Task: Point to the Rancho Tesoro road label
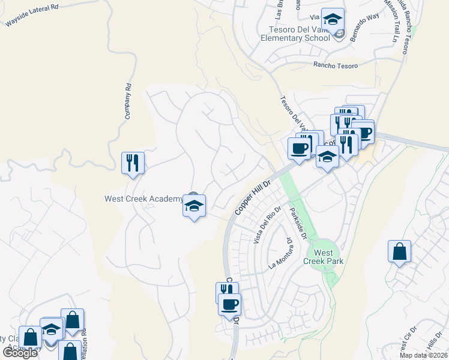(x=336, y=66)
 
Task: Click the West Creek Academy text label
(x=143, y=199)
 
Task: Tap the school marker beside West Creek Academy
(x=194, y=206)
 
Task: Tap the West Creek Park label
(x=324, y=257)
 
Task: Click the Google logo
(x=20, y=353)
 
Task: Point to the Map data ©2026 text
(x=423, y=355)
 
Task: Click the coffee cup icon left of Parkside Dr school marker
(x=299, y=148)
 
